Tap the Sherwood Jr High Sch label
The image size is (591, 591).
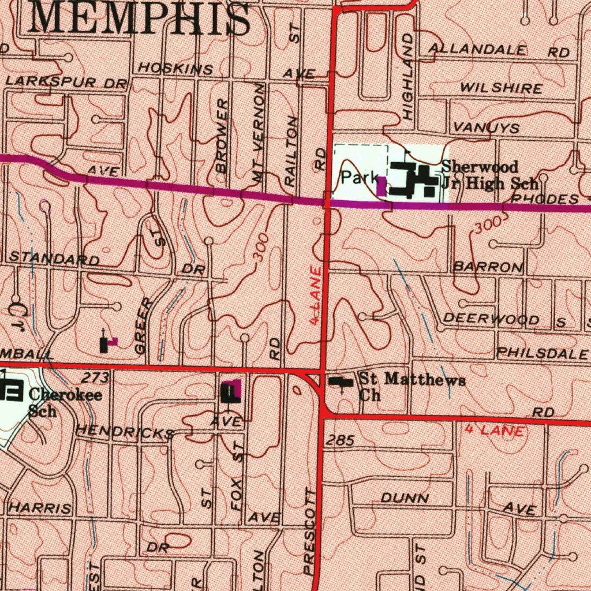click(x=489, y=175)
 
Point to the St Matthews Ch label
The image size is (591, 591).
click(x=411, y=387)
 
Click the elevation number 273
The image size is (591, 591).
click(x=95, y=379)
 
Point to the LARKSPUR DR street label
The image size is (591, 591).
click(x=66, y=82)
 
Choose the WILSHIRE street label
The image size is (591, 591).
click(x=501, y=88)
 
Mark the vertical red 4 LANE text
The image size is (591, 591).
click(x=315, y=295)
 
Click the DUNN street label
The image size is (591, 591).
click(x=405, y=498)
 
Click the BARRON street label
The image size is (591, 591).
click(x=488, y=267)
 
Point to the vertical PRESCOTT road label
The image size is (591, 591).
click(x=311, y=531)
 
